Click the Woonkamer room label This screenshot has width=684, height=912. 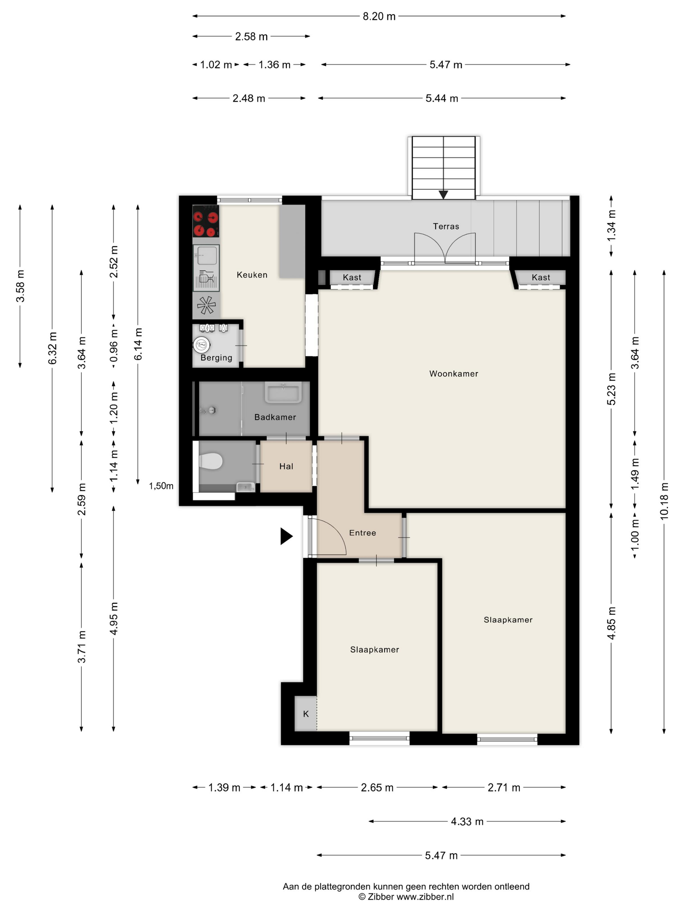coord(453,374)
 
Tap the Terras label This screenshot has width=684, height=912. coord(446,226)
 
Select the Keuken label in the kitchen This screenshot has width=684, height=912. coord(252,275)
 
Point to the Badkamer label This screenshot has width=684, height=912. coord(275,417)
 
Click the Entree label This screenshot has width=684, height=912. coord(363,533)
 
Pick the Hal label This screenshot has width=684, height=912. coord(286,466)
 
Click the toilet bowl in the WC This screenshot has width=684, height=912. coord(211,461)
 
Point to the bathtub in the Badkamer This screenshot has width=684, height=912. coord(283,392)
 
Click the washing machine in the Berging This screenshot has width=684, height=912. coord(201,345)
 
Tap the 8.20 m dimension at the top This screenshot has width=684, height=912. coord(379,17)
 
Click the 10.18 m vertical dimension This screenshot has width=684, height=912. coord(664,501)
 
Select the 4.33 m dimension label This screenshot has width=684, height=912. coord(467,821)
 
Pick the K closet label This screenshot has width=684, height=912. coord(306,714)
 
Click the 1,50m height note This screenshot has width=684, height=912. coord(161,486)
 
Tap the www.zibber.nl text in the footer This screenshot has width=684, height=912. coord(425,896)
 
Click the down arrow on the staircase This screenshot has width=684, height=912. coord(443,194)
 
